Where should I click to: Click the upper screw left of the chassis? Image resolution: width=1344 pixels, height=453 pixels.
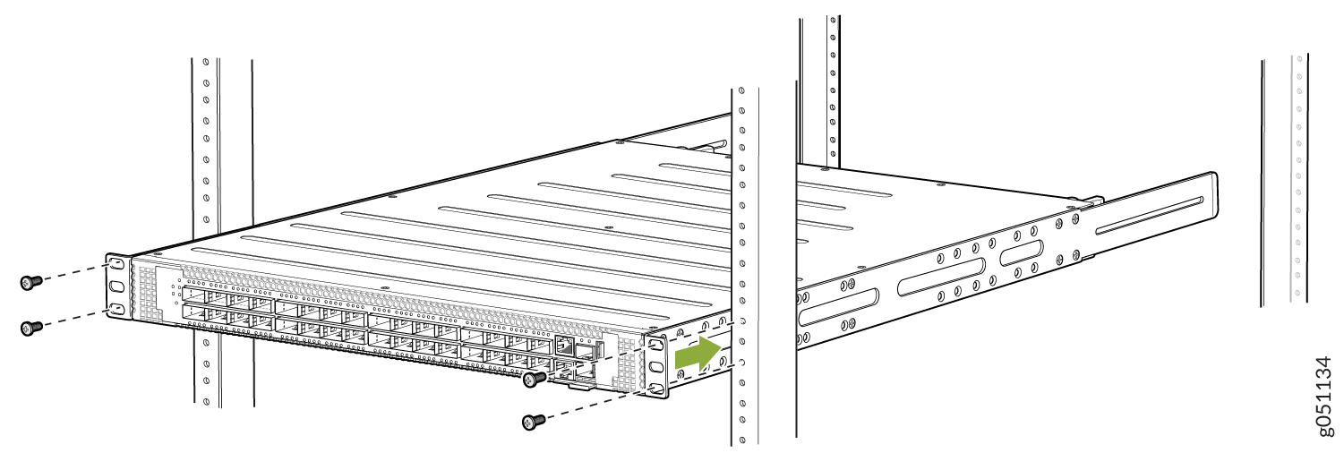30,282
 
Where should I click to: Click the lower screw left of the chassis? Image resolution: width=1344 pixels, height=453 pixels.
30,328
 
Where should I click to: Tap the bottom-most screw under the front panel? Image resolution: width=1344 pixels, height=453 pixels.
533,420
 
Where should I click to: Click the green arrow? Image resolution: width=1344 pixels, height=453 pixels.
698,355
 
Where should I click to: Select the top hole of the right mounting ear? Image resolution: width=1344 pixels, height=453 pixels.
656,343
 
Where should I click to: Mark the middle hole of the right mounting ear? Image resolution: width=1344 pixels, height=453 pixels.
656,365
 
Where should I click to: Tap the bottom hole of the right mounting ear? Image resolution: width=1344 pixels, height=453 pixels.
656,388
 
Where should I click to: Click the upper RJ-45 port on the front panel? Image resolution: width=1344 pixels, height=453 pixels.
564,344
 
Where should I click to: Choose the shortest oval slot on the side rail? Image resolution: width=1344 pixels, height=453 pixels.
1020,254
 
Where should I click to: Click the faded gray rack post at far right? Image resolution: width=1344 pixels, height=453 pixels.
1295,179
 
